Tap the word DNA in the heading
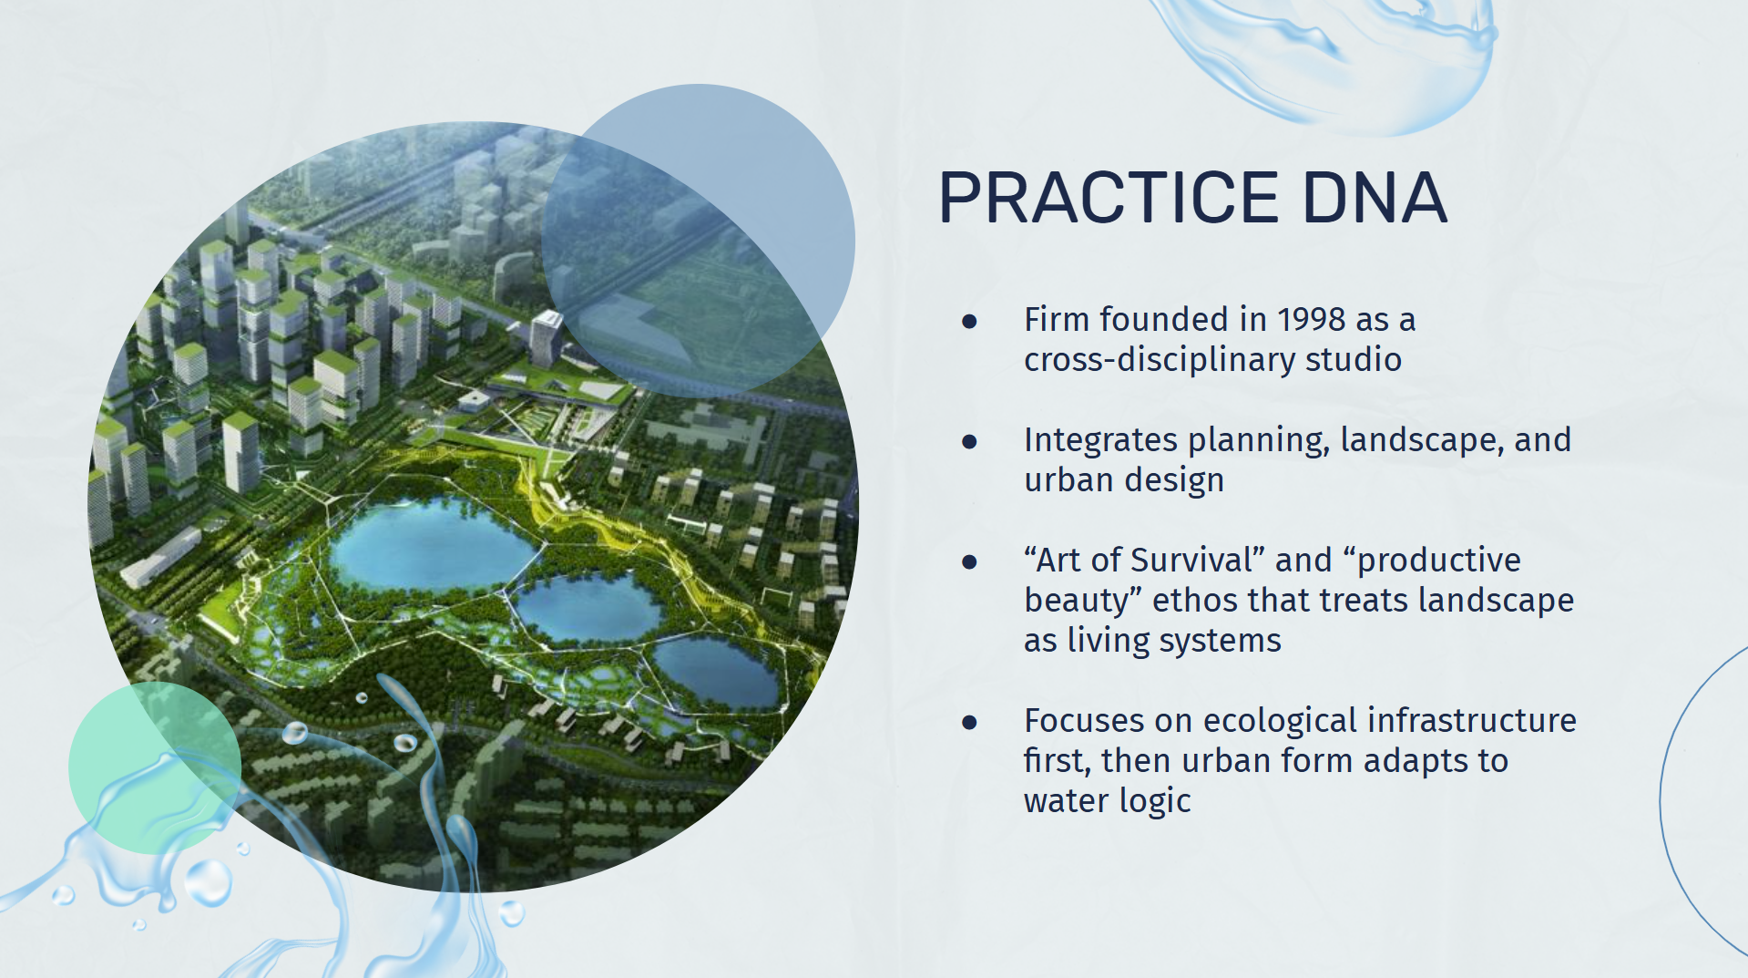[1375, 197]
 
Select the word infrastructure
[1471, 721]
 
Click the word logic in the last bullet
[1155, 802]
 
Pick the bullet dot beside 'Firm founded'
[969, 321]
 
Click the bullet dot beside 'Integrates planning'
[969, 441]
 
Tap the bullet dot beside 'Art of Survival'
[969, 561]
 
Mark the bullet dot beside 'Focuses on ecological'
[969, 722]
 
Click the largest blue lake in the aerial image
[428, 544]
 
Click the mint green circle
[155, 767]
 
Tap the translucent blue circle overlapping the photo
[699, 241]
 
